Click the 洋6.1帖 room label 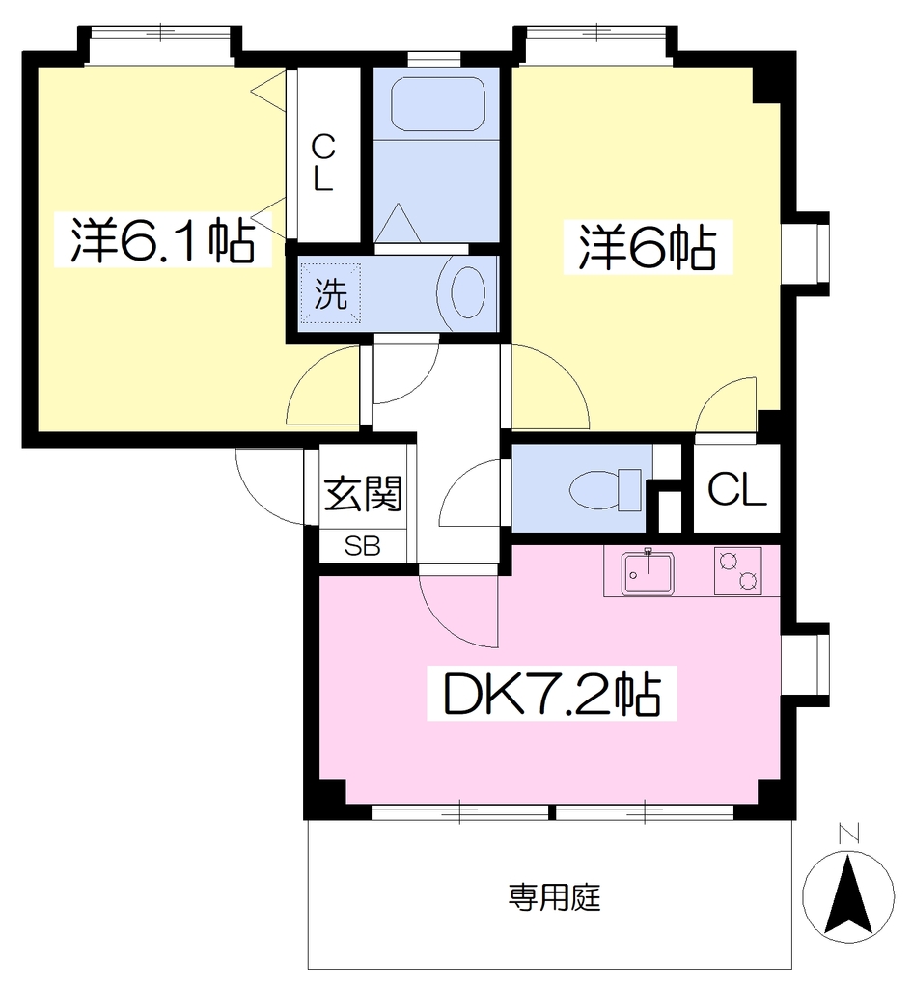pyautogui.click(x=162, y=240)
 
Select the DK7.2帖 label pyautogui.click(x=552, y=694)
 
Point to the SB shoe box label pyautogui.click(x=363, y=546)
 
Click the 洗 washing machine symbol pyautogui.click(x=330, y=293)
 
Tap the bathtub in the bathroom pyautogui.click(x=437, y=104)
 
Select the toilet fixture pyautogui.click(x=605, y=489)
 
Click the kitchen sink pyautogui.click(x=648, y=573)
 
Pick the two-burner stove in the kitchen pyautogui.click(x=737, y=570)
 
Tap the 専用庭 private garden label pyautogui.click(x=555, y=897)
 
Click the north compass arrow pyautogui.click(x=848, y=893)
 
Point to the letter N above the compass pyautogui.click(x=849, y=834)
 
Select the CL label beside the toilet pyautogui.click(x=736, y=489)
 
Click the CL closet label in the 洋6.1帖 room pyautogui.click(x=323, y=164)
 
